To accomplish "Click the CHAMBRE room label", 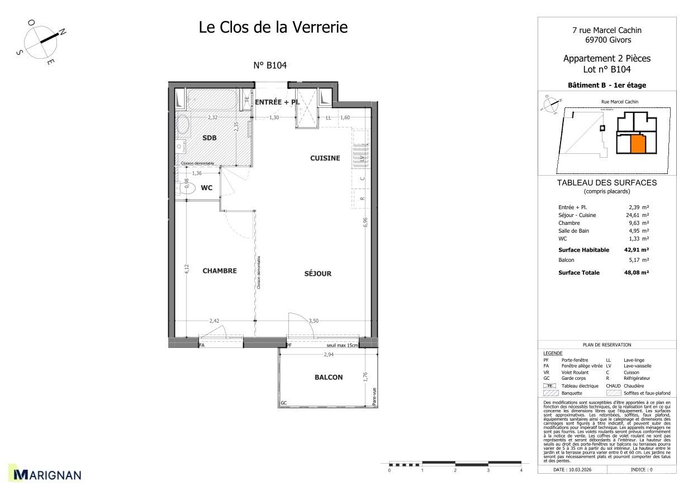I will tap(220, 271).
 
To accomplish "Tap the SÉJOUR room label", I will tap(317, 274).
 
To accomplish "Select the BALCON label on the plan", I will tap(329, 377).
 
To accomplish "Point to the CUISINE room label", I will tap(325, 158).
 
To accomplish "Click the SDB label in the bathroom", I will tap(210, 138).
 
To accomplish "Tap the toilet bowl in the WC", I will tap(188, 189).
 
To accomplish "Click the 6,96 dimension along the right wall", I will tap(366, 222).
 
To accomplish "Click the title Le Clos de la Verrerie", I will tap(273, 27).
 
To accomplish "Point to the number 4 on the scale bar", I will tap(521, 471).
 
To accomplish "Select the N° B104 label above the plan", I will tap(270, 65).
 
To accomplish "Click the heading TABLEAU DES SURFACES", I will tap(606, 183).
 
